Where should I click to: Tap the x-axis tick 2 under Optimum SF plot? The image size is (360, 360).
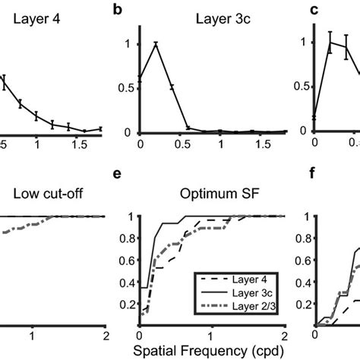pos(283,335)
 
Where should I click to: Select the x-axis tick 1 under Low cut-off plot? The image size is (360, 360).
pos(32,335)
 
